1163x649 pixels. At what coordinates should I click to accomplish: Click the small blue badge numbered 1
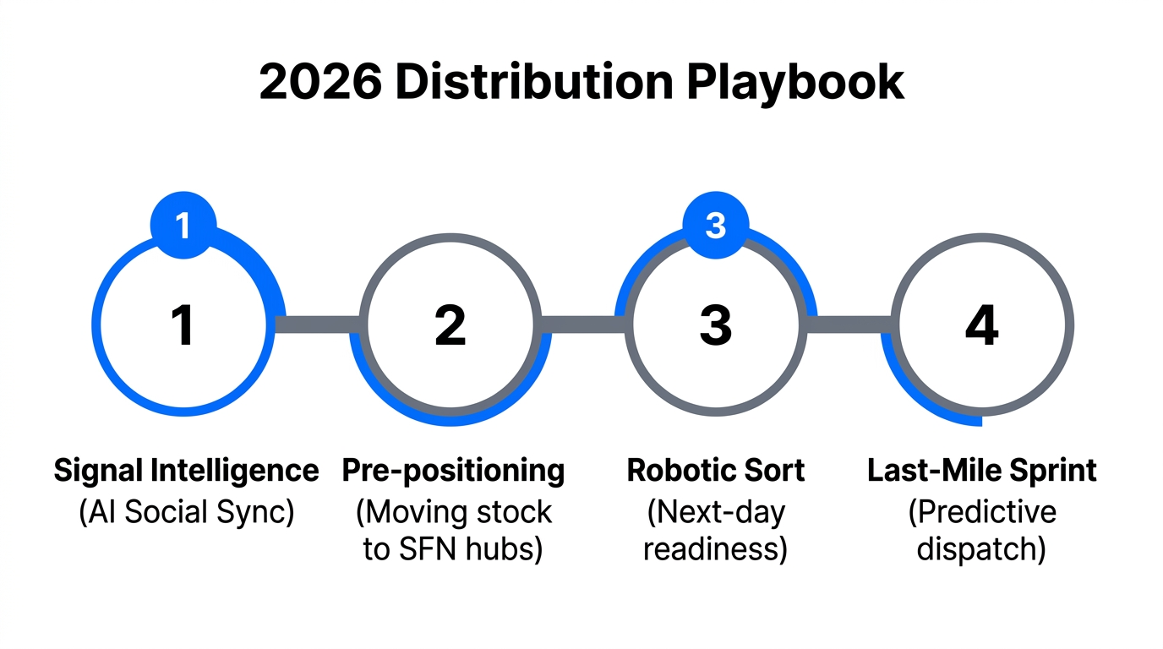(x=183, y=225)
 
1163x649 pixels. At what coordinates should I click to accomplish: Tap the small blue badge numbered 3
(x=715, y=225)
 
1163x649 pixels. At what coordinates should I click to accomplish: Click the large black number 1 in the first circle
(x=183, y=326)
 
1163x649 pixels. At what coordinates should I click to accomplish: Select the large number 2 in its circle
(x=450, y=326)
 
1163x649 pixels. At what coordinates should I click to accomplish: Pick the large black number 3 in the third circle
(x=715, y=326)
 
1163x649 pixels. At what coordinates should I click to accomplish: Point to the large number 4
(x=981, y=326)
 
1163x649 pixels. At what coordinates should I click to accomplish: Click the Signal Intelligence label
(x=186, y=471)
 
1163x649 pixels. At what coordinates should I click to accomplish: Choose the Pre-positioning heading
(x=453, y=471)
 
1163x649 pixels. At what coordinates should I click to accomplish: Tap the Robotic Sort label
(x=716, y=471)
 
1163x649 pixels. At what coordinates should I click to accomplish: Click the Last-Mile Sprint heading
(x=982, y=471)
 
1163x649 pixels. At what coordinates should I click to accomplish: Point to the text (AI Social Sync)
(x=186, y=512)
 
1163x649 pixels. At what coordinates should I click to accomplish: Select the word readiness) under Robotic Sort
(x=716, y=549)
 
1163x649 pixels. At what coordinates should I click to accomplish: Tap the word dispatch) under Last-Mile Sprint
(x=982, y=549)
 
